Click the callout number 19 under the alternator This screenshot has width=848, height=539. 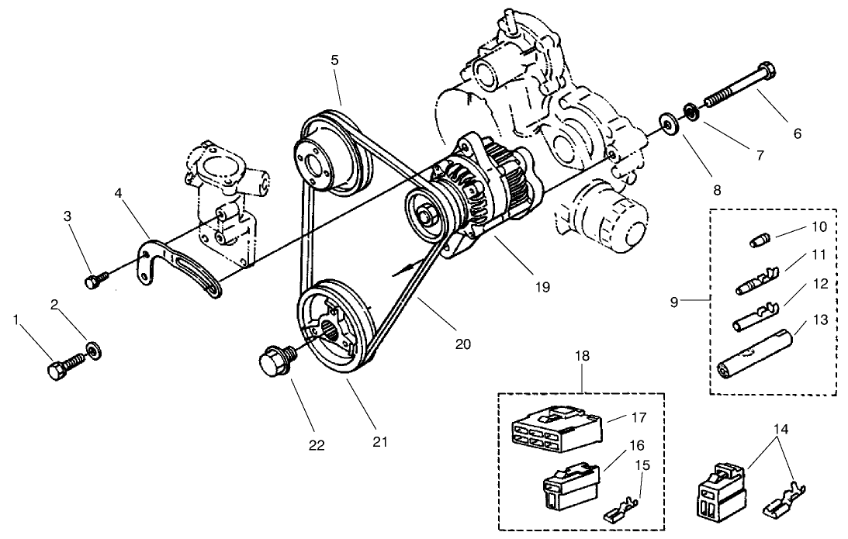[x=542, y=286]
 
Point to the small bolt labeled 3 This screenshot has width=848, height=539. [x=92, y=281]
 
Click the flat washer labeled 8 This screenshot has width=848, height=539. [x=666, y=123]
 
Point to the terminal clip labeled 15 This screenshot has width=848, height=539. [x=620, y=512]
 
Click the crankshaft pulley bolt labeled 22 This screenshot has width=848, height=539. [x=273, y=361]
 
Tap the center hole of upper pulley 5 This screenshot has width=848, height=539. [x=315, y=165]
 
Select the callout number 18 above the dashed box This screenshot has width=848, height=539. [x=582, y=356]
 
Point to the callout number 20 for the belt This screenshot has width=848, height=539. [x=463, y=343]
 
